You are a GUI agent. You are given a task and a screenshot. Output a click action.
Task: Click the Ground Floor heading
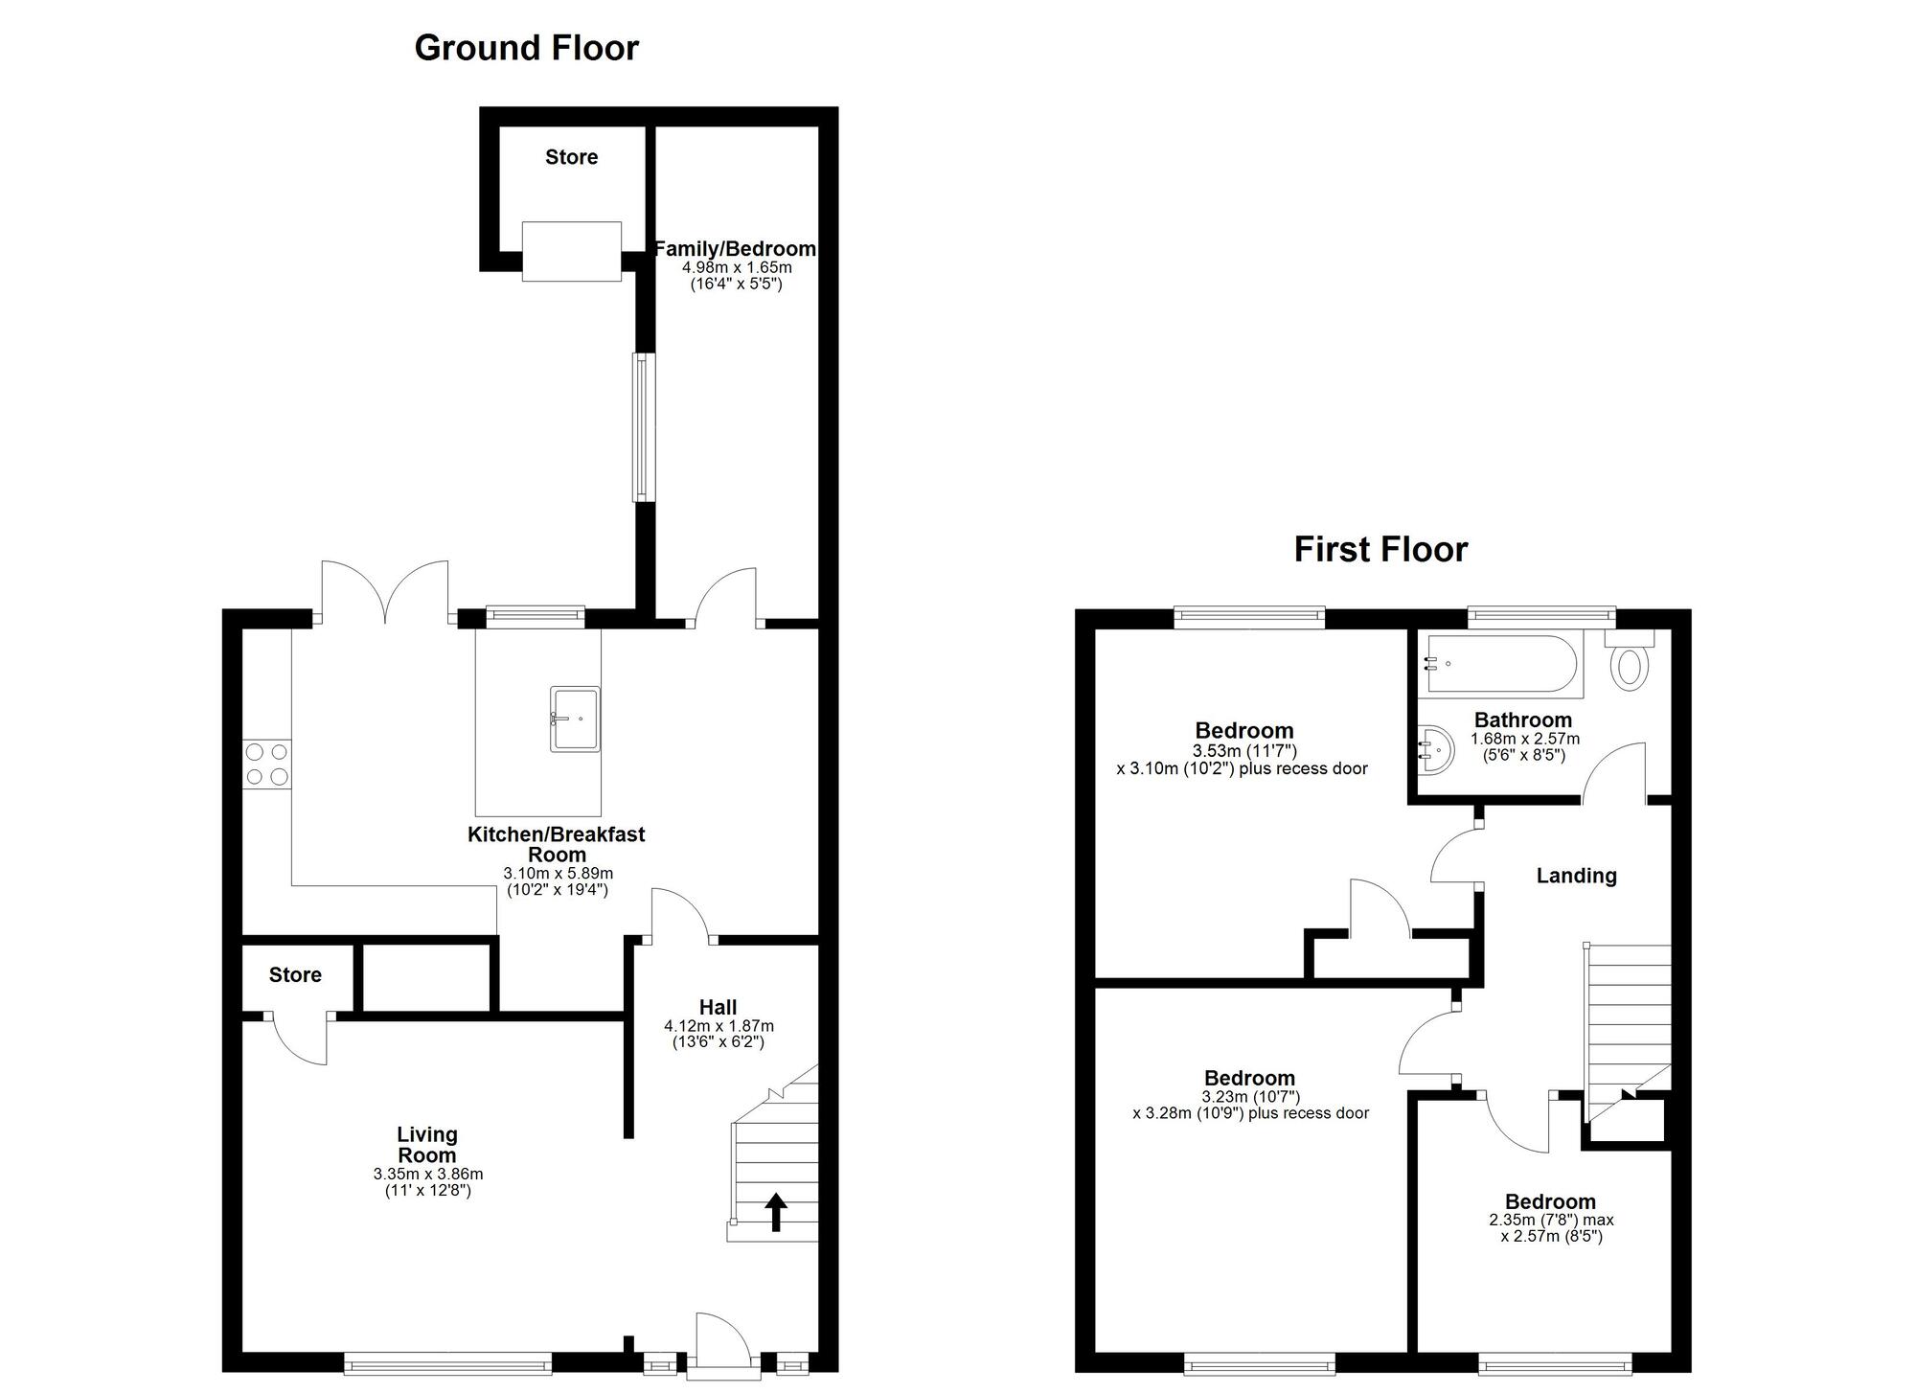pos(526,48)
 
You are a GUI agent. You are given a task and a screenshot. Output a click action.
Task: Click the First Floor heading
pos(1380,549)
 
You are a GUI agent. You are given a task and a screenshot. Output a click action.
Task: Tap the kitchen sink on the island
pos(575,719)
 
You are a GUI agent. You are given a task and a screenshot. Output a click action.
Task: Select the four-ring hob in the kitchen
pos(267,765)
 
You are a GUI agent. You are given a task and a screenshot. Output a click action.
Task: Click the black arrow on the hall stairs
pos(776,1212)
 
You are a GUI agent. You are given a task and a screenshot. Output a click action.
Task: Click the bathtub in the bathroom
pos(1502,664)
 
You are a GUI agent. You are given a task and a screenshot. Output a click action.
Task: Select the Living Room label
pos(427,1144)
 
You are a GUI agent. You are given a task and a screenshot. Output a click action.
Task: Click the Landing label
pos(1576,876)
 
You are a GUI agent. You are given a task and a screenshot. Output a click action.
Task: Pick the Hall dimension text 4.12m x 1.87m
pos(718,1026)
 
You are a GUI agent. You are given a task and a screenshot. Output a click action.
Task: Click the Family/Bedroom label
pos(735,249)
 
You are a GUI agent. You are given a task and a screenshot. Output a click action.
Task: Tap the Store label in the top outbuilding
pos(572,157)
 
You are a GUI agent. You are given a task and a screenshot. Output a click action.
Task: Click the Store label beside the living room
pos(295,975)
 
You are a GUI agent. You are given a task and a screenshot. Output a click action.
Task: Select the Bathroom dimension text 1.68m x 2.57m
pos(1525,740)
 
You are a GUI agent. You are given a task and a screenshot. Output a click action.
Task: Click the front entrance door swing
pos(720,1336)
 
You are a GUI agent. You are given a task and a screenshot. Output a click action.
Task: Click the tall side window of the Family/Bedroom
pos(644,427)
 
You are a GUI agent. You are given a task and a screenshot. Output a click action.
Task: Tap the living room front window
pos(447,1361)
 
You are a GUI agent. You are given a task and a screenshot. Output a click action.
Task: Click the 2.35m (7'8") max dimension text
pos(1551,1221)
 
